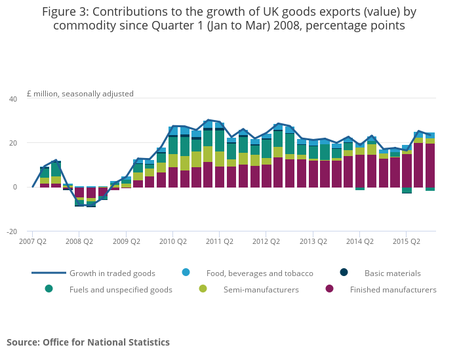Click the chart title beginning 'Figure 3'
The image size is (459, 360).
229,18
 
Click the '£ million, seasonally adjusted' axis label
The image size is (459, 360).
80,94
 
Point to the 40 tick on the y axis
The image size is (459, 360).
12,99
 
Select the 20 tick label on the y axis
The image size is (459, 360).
12,143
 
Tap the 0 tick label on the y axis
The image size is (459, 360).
15,188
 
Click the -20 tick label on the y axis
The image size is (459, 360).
12,231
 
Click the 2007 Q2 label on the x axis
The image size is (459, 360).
32,241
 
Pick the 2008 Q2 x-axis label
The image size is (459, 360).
79,241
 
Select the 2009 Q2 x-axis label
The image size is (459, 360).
127,241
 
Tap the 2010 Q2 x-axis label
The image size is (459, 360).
172,241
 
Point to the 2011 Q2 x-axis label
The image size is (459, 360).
219,241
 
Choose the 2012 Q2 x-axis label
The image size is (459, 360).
266,241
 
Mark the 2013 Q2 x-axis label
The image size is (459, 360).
313,241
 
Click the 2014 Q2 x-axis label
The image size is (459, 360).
359,241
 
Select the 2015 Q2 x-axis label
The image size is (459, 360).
406,241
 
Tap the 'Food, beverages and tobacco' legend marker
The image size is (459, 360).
186,273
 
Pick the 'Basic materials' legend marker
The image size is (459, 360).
344,273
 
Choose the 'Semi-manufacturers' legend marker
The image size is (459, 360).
203,289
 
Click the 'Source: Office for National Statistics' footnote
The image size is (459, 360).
88,342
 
